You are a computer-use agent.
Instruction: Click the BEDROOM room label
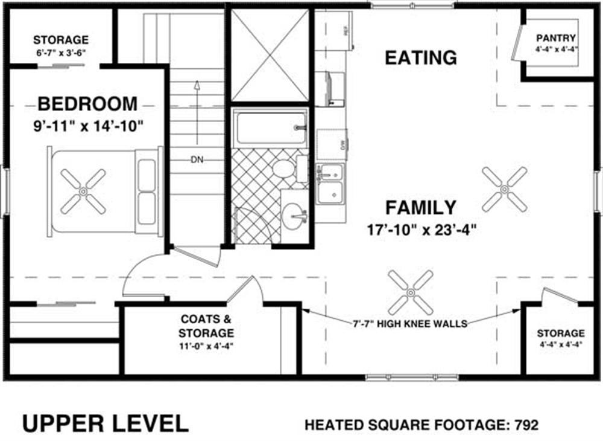coord(87,104)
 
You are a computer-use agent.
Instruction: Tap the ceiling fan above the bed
coord(83,191)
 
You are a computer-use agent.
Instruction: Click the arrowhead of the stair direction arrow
coord(197,84)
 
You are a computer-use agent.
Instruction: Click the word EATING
coord(421,58)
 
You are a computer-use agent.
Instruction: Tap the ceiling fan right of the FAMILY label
coord(504,189)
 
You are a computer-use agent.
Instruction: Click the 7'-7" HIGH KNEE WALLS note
coord(411,324)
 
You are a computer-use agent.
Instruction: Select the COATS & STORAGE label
coord(206,326)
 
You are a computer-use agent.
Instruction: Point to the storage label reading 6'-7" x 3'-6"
coord(60,51)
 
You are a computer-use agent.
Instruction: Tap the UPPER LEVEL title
coord(106,423)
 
